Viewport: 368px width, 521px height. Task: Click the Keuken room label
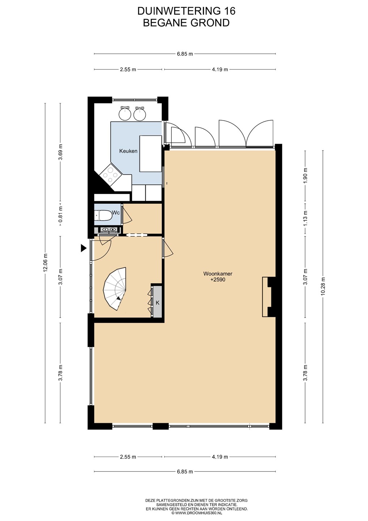point(128,151)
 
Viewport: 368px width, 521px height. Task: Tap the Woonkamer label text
point(218,274)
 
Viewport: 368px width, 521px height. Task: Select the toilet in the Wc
point(103,215)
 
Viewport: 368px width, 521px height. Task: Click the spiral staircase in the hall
point(115,289)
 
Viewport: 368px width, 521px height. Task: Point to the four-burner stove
point(110,174)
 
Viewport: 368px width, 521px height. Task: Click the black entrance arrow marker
point(84,248)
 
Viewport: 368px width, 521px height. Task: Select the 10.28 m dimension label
point(323,286)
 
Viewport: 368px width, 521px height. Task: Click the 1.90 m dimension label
point(305,175)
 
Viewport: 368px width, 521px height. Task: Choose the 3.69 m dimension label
point(60,152)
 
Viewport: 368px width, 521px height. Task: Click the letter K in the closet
point(158,302)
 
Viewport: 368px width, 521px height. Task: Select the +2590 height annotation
point(218,280)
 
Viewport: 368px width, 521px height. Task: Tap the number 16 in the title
point(230,11)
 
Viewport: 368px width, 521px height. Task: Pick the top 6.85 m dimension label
point(185,54)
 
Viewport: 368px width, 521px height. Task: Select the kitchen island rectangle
point(150,154)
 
